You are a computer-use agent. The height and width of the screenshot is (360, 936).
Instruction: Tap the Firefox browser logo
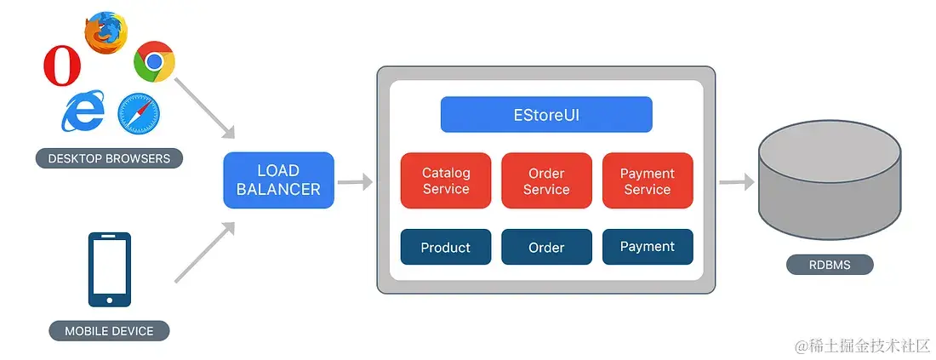[106, 33]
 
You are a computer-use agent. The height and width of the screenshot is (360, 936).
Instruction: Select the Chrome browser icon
[154, 62]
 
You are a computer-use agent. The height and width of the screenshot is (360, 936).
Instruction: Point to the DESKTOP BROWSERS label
[109, 158]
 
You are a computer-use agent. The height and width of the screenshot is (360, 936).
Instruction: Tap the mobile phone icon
[110, 269]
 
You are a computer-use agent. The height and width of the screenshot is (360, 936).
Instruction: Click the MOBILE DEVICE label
[109, 331]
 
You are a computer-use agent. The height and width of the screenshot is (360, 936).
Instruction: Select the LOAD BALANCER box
[278, 180]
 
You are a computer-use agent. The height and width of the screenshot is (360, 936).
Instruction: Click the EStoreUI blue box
[546, 114]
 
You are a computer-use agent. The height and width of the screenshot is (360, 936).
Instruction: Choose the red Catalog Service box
[446, 180]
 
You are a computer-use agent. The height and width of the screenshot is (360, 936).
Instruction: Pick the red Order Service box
[546, 180]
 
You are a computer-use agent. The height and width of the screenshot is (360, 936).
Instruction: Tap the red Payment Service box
[648, 180]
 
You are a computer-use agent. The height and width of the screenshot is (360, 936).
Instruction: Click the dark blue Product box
[446, 247]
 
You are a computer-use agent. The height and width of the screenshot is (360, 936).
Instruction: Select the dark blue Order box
[546, 247]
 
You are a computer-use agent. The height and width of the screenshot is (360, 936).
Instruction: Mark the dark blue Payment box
[648, 247]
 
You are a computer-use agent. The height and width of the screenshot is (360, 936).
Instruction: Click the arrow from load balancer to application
[355, 181]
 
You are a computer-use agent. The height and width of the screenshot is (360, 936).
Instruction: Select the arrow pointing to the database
[736, 181]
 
